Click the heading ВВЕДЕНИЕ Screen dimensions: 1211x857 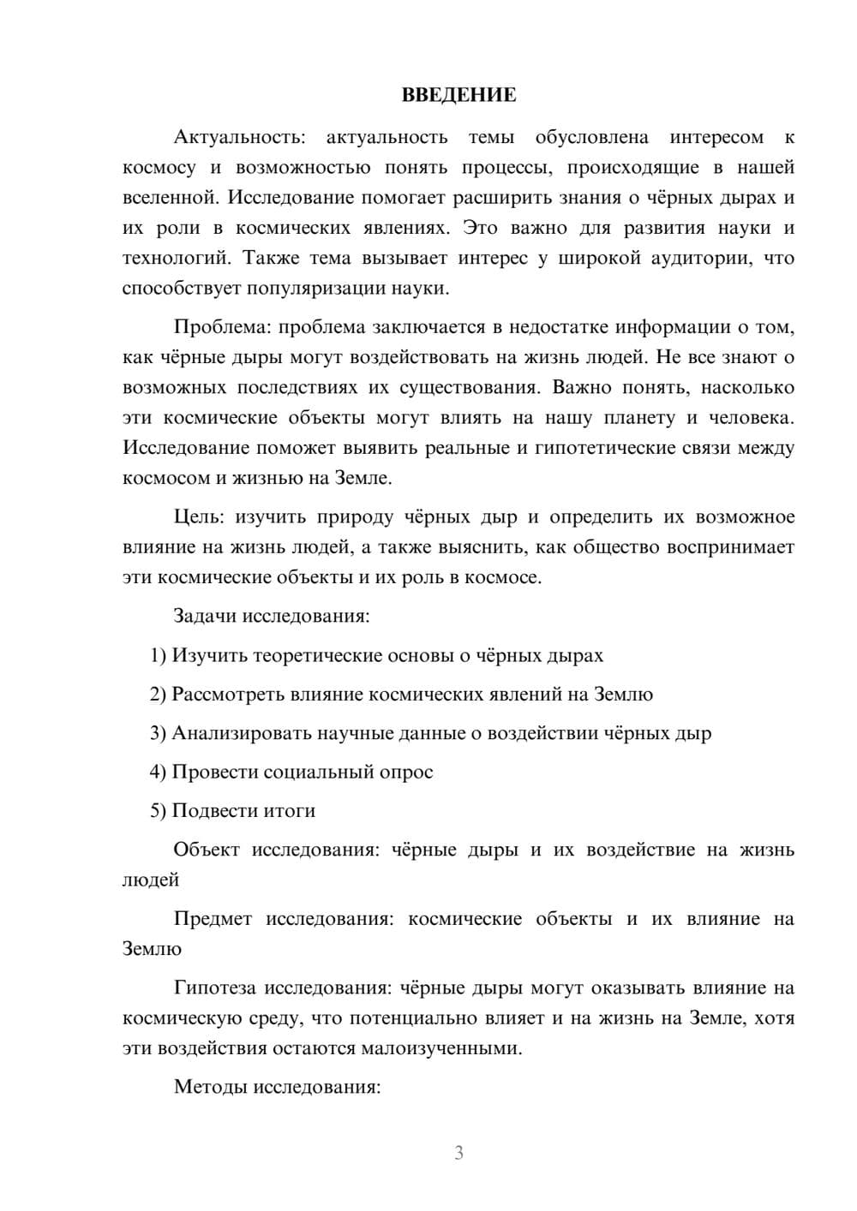point(458,95)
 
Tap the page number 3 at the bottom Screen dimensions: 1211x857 point(458,1153)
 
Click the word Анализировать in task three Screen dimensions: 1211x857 point(242,734)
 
